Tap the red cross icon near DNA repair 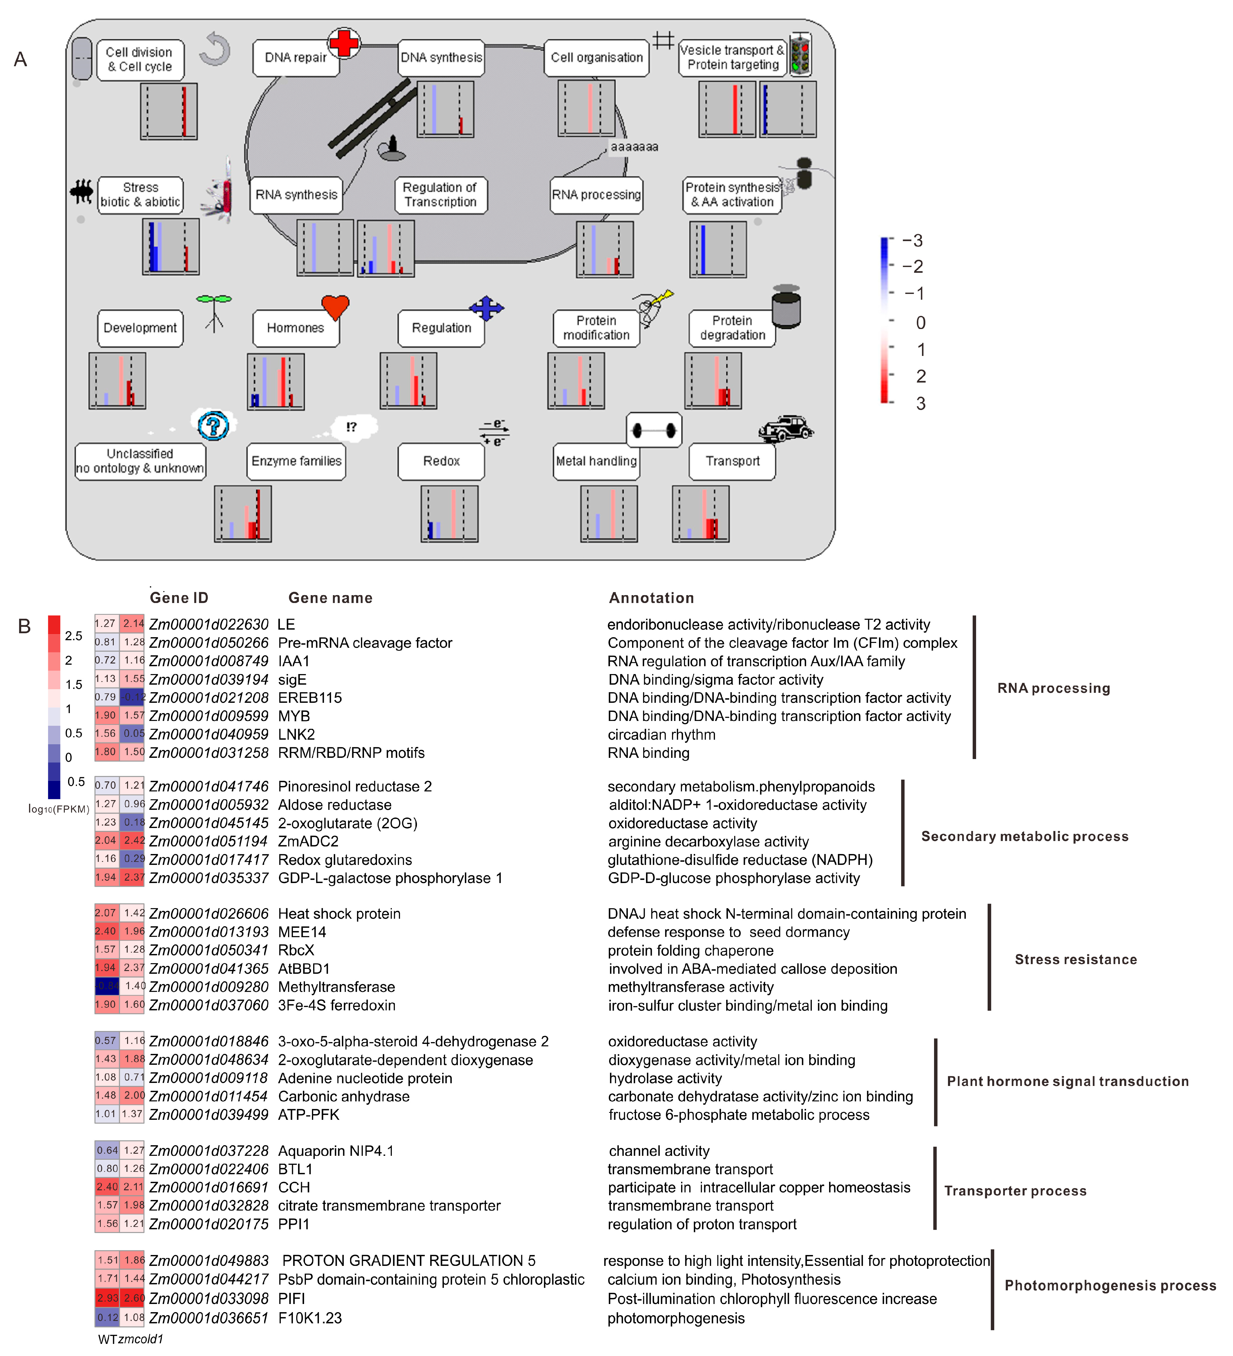[x=344, y=43]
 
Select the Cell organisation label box [x=596, y=58]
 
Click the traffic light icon [x=800, y=54]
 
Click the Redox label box [x=441, y=461]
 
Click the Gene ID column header [x=179, y=598]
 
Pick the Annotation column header [x=651, y=598]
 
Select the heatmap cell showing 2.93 [x=107, y=1298]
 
